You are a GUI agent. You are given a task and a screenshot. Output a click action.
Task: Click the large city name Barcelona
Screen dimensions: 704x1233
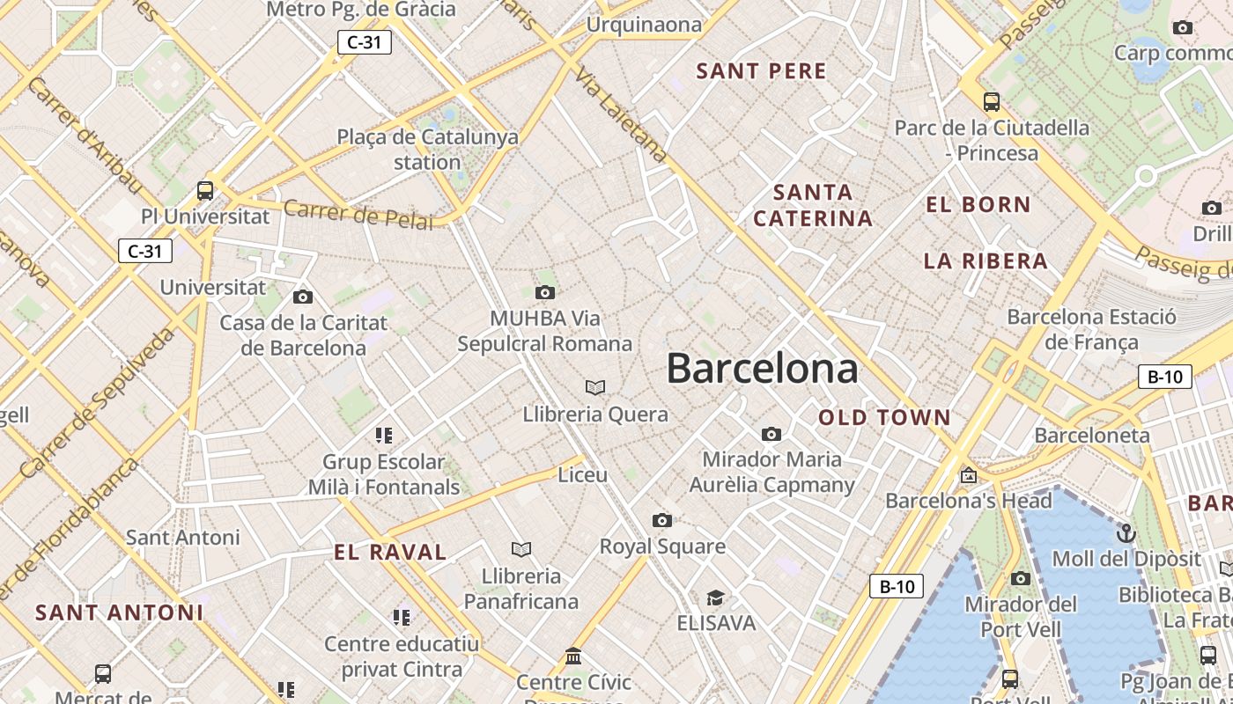(x=762, y=368)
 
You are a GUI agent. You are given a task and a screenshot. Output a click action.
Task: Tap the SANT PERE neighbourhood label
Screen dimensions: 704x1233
(x=762, y=71)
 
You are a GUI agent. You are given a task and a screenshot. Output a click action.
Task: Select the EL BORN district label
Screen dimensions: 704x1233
(x=978, y=205)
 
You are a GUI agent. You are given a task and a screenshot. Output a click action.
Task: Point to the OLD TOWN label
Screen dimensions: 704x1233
(x=884, y=417)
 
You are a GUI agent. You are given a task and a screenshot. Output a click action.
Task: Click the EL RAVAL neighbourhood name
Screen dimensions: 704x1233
(x=390, y=553)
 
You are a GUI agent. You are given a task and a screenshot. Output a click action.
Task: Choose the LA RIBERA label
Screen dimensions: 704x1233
(x=986, y=260)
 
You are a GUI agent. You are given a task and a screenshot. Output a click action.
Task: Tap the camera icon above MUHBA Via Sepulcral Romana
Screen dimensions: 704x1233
(x=545, y=292)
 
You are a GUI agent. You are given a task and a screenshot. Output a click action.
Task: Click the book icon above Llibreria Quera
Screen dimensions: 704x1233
(x=595, y=387)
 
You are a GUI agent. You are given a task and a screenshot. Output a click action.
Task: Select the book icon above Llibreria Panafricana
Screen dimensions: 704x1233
(x=521, y=549)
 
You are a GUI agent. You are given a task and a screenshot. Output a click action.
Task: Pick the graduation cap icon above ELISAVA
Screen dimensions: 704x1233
(x=715, y=598)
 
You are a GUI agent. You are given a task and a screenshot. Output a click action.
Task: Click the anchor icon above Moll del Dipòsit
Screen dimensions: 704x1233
(x=1126, y=532)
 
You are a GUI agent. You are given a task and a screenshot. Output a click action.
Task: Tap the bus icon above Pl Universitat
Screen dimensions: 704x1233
(x=205, y=189)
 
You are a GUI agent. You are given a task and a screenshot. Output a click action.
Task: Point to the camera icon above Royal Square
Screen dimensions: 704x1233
(x=662, y=520)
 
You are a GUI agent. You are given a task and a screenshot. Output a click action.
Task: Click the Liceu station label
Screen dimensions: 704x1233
(x=583, y=475)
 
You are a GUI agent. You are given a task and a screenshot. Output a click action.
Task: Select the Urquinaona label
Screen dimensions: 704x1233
(x=644, y=25)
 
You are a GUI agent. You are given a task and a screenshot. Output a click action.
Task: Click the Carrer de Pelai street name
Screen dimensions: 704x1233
(x=358, y=214)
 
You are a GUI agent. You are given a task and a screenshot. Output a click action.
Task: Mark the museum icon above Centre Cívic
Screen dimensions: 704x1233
(x=574, y=656)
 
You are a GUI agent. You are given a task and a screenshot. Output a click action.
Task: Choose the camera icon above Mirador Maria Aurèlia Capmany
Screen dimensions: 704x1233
(x=772, y=434)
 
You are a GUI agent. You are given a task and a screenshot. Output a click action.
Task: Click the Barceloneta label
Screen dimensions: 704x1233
(x=1092, y=435)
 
